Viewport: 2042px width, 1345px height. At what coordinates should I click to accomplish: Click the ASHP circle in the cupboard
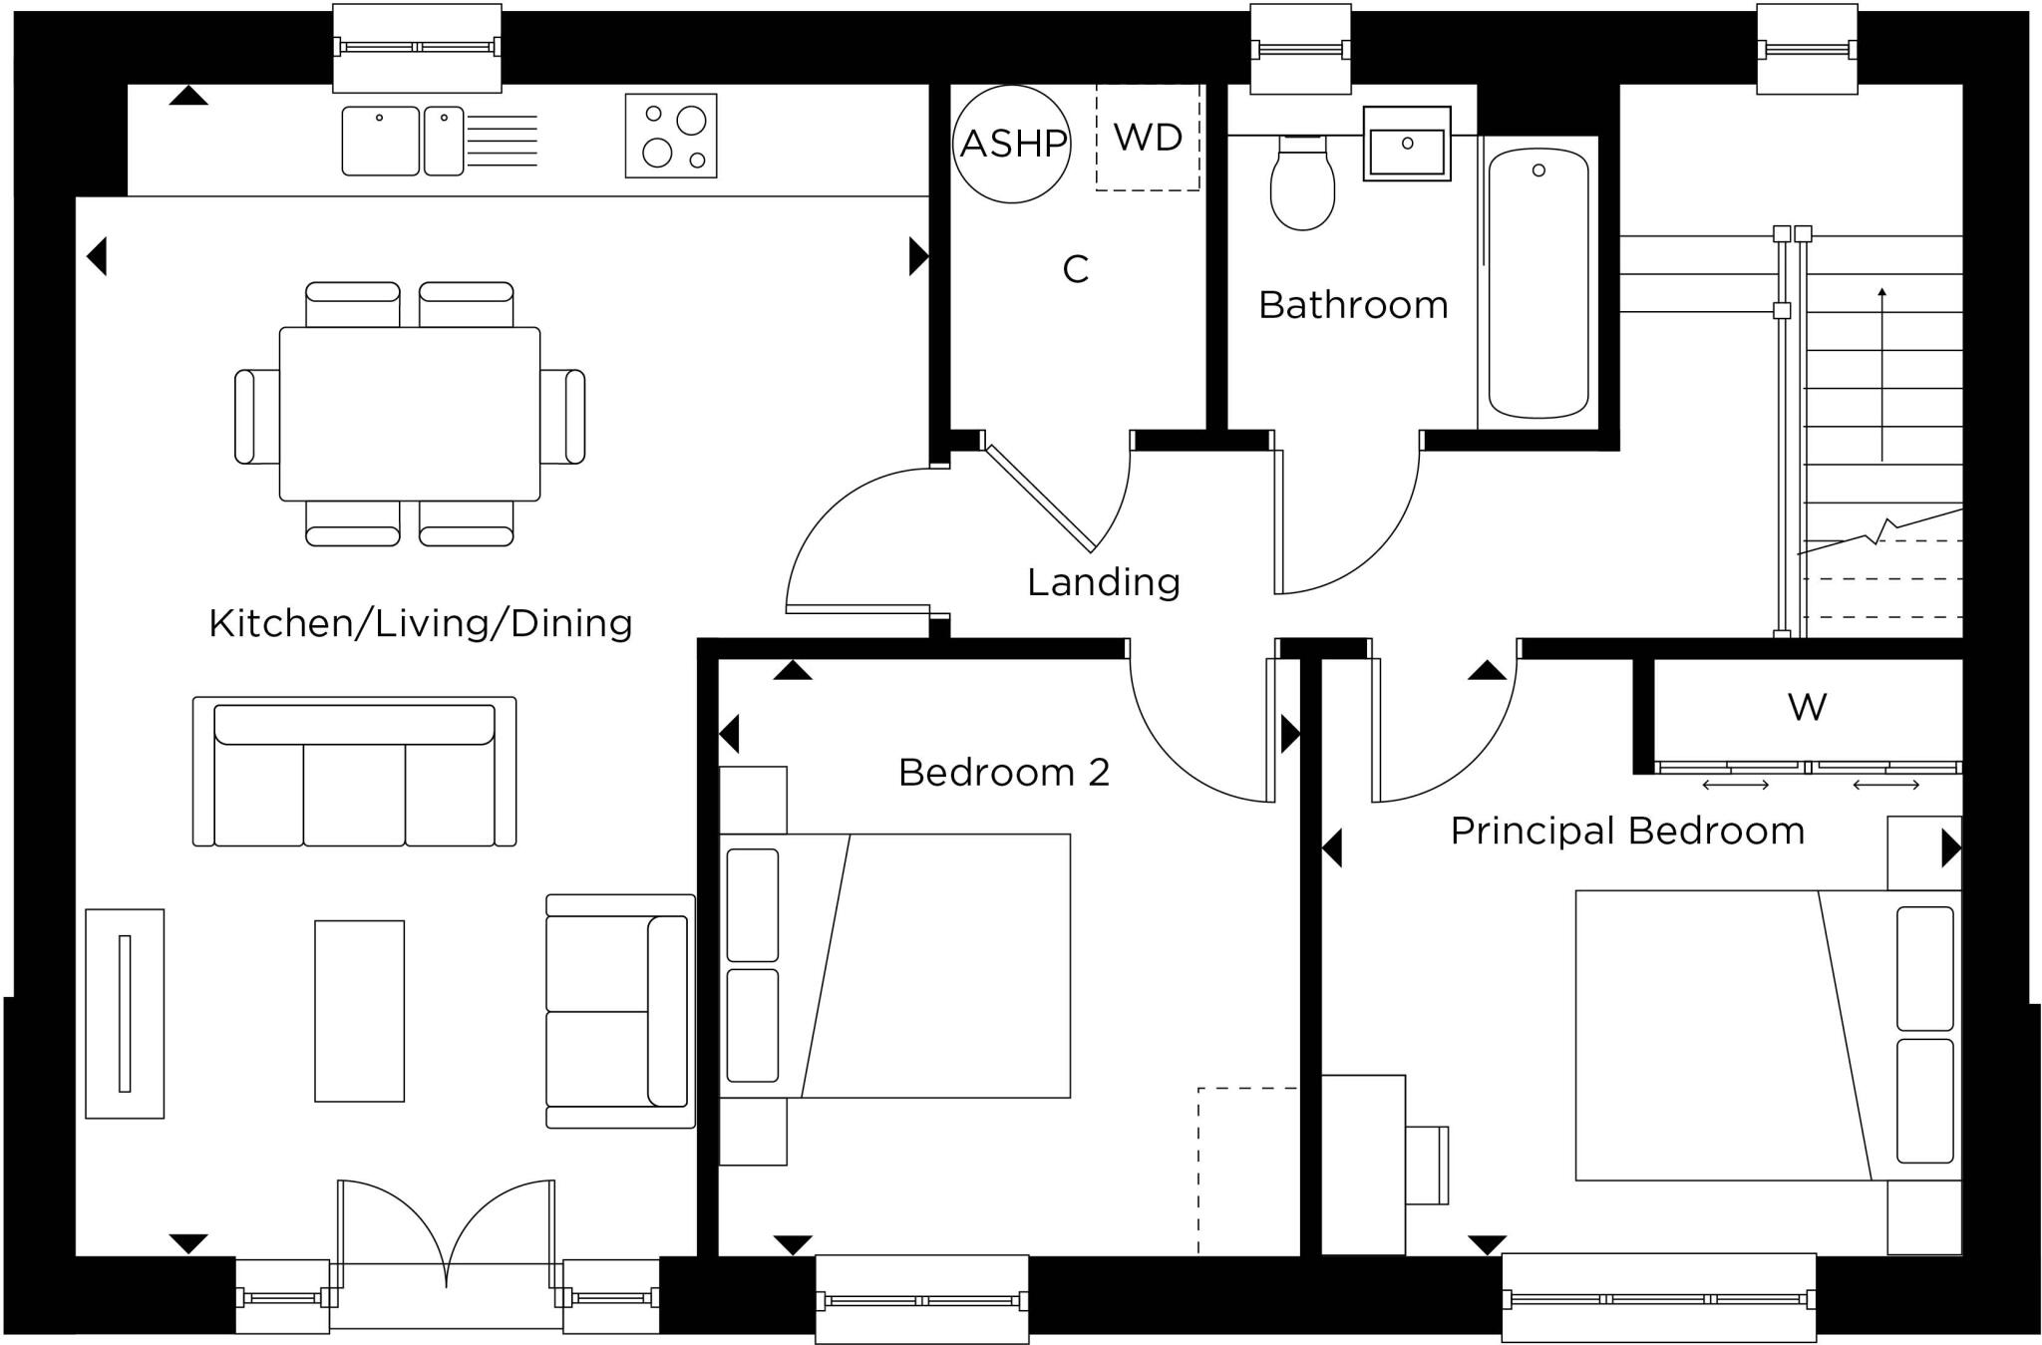(x=1011, y=144)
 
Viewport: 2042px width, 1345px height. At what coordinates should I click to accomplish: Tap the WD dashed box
(x=1148, y=137)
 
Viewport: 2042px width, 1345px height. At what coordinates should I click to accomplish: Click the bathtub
(x=1537, y=283)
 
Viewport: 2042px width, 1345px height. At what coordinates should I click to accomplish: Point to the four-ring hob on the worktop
(x=671, y=136)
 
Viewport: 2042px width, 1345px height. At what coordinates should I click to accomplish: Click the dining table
(x=410, y=413)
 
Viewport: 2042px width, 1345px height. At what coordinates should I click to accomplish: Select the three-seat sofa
(x=354, y=773)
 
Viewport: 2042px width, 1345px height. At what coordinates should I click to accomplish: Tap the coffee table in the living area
(x=359, y=1010)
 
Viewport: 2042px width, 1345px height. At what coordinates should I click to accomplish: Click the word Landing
(x=1103, y=582)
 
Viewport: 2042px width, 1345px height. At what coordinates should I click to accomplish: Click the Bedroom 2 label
(x=1003, y=773)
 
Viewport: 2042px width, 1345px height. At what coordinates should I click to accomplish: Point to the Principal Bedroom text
(x=1626, y=831)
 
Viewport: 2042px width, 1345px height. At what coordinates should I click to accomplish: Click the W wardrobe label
(x=1807, y=707)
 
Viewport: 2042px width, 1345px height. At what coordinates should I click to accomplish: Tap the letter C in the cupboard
(x=1075, y=269)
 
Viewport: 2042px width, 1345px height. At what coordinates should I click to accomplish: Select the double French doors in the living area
(x=446, y=1236)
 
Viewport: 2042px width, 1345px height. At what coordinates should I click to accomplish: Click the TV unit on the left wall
(x=125, y=1013)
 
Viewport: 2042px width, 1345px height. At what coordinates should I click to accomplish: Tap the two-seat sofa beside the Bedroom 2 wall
(x=619, y=1011)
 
